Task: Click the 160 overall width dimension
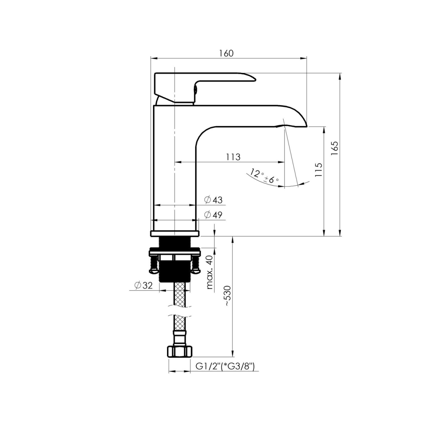pos(227,53)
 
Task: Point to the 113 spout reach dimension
pos(233,157)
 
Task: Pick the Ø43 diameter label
pos(213,200)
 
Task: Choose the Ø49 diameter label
pos(213,215)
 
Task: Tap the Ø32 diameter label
pos(143,285)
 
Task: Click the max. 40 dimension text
pos(210,272)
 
